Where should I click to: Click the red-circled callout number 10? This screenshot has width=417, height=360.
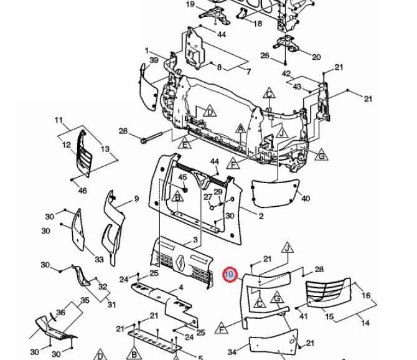click(230, 274)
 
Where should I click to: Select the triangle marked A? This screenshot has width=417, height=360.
click(241, 129)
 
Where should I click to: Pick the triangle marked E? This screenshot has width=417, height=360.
click(185, 143)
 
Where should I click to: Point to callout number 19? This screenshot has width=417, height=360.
click(190, 4)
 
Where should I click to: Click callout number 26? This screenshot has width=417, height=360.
click(265, 55)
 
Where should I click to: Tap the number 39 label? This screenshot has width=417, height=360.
click(154, 60)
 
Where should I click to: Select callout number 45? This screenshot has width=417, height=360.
click(182, 177)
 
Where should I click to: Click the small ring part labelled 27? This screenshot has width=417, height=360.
click(212, 207)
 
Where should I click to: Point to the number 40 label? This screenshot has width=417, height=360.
click(306, 199)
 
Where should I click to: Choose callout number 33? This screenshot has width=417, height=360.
click(99, 259)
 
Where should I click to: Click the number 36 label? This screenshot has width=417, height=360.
click(60, 312)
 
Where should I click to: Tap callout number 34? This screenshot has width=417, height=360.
click(232, 352)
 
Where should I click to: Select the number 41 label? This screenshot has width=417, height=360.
click(303, 316)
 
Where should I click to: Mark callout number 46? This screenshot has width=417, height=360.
click(82, 191)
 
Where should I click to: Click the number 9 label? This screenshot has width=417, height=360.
click(136, 199)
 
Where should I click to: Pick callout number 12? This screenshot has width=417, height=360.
click(67, 144)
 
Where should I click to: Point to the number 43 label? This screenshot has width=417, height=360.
click(297, 87)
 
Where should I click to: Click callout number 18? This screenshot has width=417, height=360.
click(258, 24)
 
